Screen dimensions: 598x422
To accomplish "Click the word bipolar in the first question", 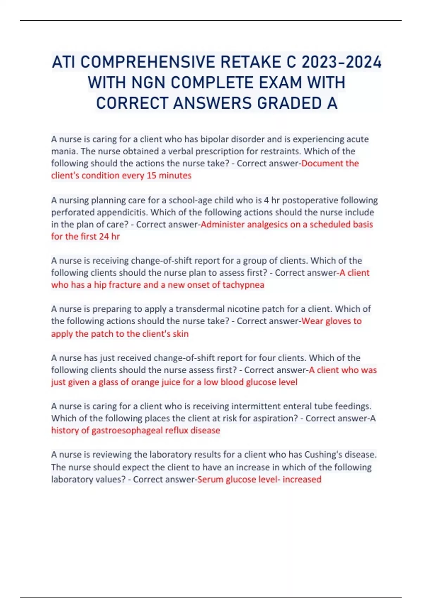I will coord(214,139).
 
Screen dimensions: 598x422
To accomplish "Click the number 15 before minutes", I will coord(152,176).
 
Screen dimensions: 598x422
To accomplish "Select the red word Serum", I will coord(210,479).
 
